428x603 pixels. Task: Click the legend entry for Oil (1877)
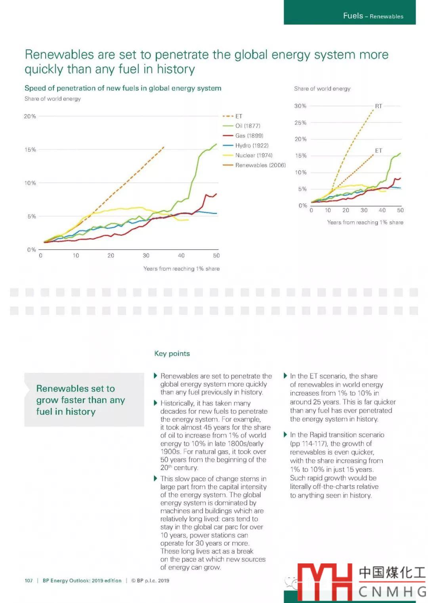click(248, 126)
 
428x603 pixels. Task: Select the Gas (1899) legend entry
click(249, 136)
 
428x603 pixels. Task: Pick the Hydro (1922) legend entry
click(252, 146)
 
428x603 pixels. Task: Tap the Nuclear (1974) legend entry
click(254, 155)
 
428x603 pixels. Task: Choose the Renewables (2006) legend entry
click(260, 165)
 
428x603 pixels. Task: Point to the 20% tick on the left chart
click(30, 116)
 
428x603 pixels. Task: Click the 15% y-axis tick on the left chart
click(30, 150)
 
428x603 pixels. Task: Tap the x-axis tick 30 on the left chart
click(146, 256)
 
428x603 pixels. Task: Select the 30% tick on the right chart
click(300, 106)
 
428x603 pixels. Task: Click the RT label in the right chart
click(378, 106)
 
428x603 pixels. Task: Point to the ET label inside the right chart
click(378, 151)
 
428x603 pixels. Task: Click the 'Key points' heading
click(172, 353)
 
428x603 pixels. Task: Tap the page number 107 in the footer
click(29, 581)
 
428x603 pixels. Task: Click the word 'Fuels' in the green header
click(353, 16)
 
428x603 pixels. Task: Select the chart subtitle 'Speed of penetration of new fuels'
click(123, 88)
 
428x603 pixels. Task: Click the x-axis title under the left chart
click(182, 269)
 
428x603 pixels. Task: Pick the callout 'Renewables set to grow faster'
click(80, 400)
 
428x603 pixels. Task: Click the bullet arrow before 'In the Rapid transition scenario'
click(285, 435)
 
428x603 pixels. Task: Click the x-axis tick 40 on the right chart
click(382, 210)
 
